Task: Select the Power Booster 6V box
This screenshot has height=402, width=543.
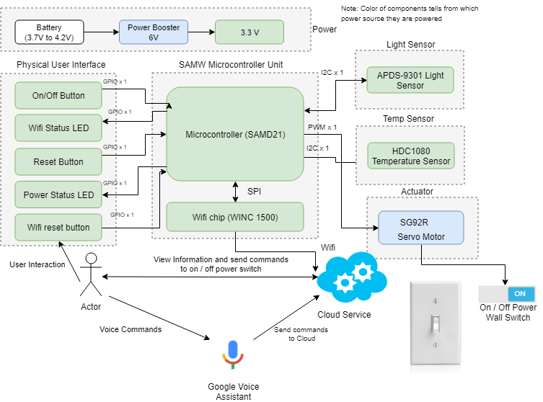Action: [x=153, y=32]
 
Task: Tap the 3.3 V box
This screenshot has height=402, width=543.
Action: [x=249, y=32]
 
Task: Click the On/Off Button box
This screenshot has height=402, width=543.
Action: [x=58, y=96]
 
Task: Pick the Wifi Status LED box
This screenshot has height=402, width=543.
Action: [x=58, y=128]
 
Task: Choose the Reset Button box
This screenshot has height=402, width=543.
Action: [x=58, y=161]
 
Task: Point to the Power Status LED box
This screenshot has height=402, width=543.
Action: [x=58, y=195]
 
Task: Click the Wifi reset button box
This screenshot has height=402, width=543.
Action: [x=58, y=228]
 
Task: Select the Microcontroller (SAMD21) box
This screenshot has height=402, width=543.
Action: [x=235, y=135]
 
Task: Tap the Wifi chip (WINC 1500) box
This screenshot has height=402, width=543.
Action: [x=235, y=217]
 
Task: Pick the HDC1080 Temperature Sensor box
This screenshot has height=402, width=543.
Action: [x=410, y=156]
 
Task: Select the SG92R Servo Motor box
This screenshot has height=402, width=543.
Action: [x=421, y=226]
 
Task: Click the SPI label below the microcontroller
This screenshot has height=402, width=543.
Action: [x=255, y=192]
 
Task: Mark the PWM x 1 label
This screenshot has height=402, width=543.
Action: [x=322, y=128]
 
